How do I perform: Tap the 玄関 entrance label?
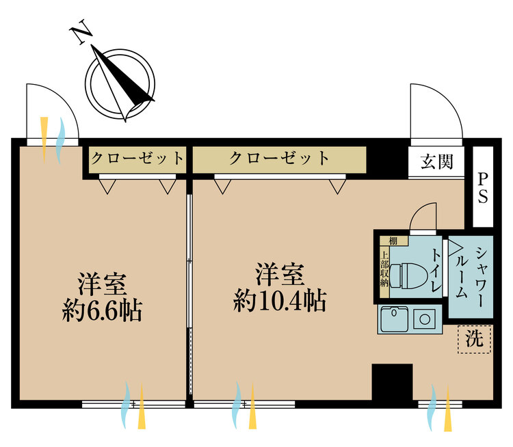tap(437, 162)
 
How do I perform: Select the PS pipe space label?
tap(482, 187)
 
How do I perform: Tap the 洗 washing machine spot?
tap(473, 338)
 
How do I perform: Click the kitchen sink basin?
tap(394, 319)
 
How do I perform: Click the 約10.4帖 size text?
tap(279, 301)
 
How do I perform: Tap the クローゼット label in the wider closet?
tap(279, 159)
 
